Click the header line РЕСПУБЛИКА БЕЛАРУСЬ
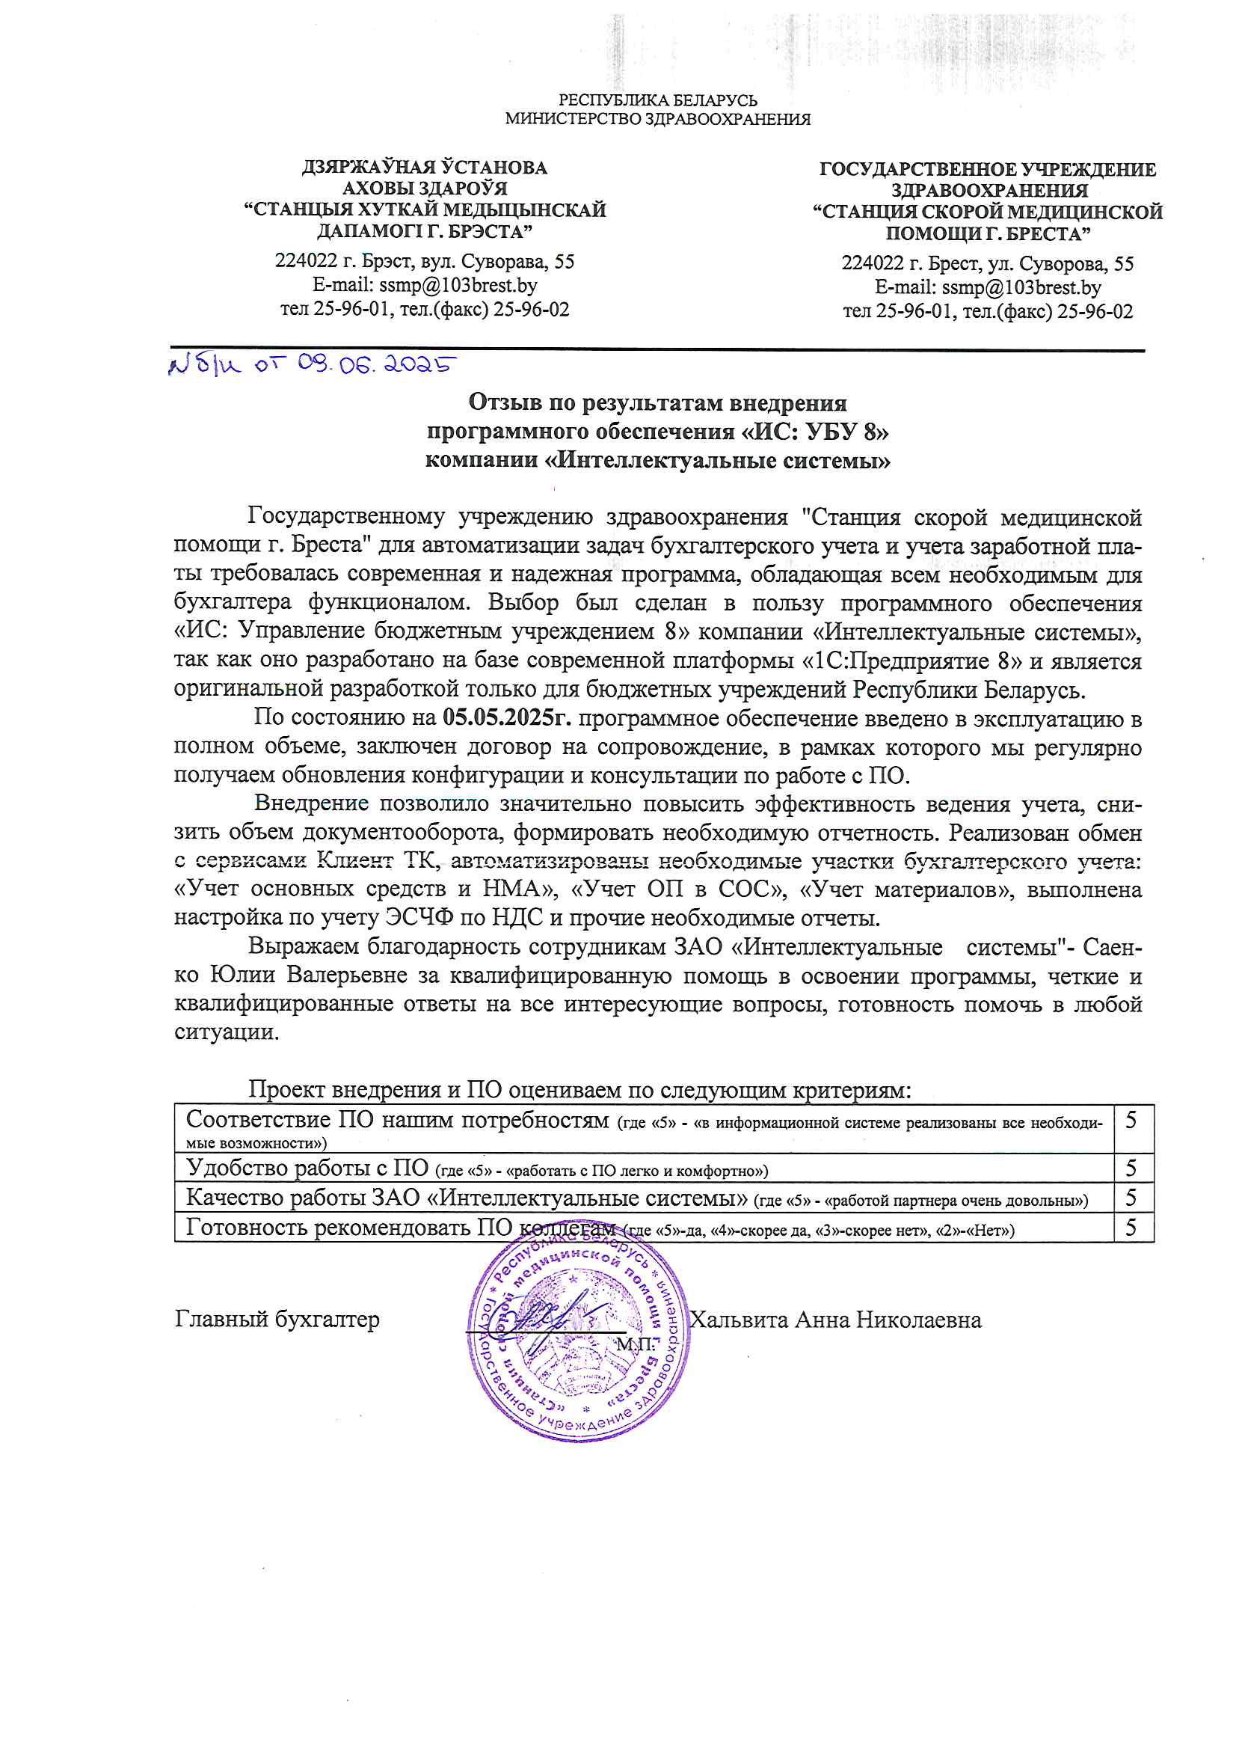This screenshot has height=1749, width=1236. pyautogui.click(x=658, y=100)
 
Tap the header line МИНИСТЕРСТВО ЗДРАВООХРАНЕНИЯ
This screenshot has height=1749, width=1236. pyautogui.click(x=658, y=119)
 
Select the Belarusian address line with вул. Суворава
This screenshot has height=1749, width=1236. pyautogui.click(x=424, y=261)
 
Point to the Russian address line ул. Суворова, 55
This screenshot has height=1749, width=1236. pyautogui.click(x=987, y=263)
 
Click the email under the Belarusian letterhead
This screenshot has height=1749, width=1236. pyautogui.click(x=424, y=285)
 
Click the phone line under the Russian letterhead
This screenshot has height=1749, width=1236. pyautogui.click(x=987, y=310)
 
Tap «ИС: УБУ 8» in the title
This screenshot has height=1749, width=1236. pyautogui.click(x=815, y=431)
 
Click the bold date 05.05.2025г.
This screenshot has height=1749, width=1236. pyautogui.click(x=507, y=717)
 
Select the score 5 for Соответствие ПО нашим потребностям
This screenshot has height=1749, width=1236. pyautogui.click(x=1131, y=1120)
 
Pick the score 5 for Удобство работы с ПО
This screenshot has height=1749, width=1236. pyautogui.click(x=1131, y=1168)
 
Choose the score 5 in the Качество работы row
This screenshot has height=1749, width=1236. pyautogui.click(x=1131, y=1198)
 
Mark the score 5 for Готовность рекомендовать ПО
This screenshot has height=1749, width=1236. pyautogui.click(x=1131, y=1227)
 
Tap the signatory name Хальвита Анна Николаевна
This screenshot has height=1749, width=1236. pyautogui.click(x=835, y=1320)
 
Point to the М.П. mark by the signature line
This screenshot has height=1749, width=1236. pyautogui.click(x=635, y=1344)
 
